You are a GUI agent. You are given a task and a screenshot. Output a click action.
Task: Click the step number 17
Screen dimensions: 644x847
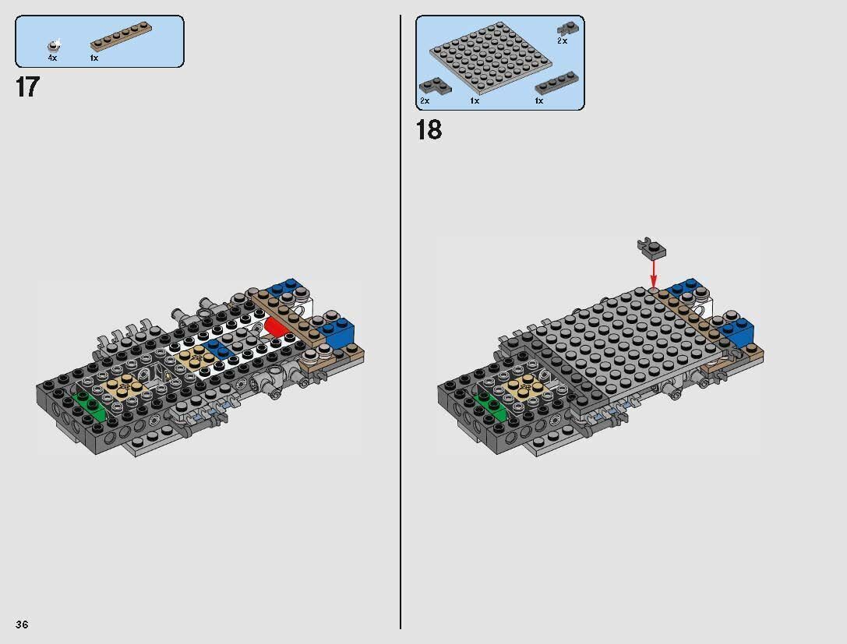click(26, 86)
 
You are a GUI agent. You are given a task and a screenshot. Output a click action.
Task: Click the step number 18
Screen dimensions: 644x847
click(429, 129)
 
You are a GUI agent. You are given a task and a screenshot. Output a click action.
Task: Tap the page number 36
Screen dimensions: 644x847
click(21, 625)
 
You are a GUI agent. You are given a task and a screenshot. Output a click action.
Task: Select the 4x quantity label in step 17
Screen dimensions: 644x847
click(52, 58)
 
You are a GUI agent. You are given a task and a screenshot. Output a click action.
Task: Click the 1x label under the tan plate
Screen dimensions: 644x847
click(94, 58)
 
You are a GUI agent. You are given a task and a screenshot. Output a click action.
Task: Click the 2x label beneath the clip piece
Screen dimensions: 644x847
click(562, 40)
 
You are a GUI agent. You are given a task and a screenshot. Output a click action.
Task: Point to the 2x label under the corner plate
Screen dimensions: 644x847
click(425, 101)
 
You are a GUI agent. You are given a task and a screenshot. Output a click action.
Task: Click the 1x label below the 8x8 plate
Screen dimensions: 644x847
click(474, 101)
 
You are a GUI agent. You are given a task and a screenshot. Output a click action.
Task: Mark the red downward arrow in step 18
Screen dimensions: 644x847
click(653, 273)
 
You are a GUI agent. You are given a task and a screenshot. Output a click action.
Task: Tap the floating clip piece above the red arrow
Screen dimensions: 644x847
click(652, 247)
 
